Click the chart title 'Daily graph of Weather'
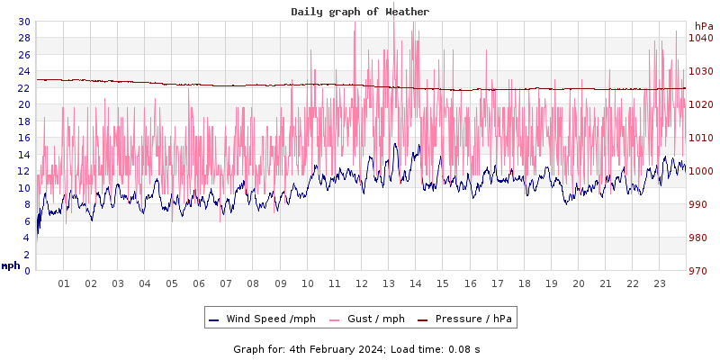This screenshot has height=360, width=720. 360,12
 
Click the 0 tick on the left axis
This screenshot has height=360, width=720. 27,271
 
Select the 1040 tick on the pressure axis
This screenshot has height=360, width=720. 700,38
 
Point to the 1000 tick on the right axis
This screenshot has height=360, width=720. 700,171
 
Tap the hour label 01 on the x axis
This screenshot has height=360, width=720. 64,283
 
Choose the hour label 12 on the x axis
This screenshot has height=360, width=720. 362,283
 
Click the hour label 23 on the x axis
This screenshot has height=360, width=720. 660,283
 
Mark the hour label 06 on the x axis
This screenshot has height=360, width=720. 199,283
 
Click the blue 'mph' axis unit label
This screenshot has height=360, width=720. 11,265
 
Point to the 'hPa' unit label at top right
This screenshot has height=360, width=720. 703,26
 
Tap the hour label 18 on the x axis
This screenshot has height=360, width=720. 525,283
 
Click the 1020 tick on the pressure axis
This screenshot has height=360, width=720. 700,104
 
